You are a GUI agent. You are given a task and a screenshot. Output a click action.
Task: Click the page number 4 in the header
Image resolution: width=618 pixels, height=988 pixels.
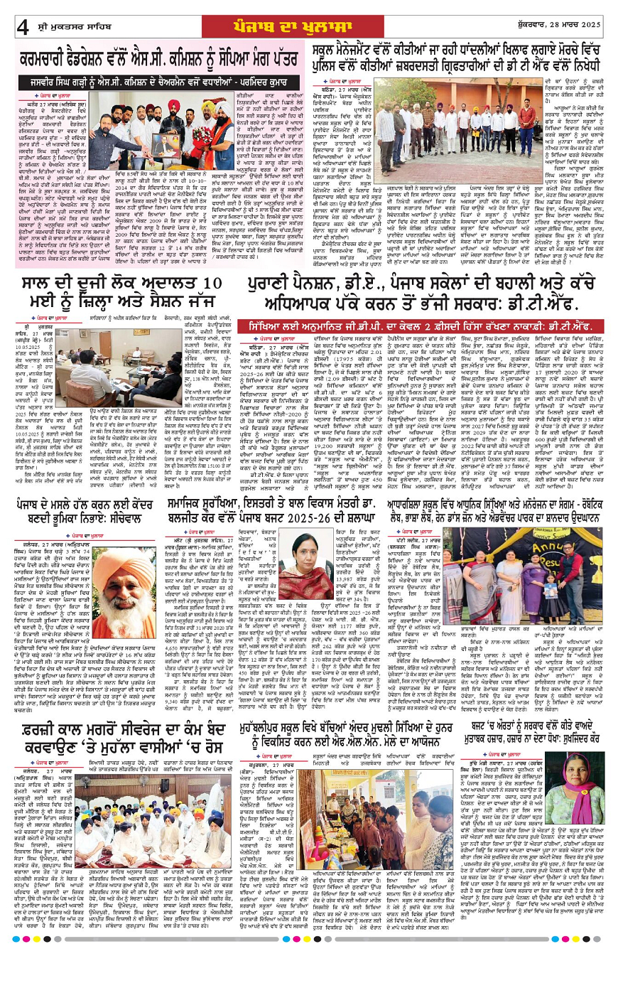23,26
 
